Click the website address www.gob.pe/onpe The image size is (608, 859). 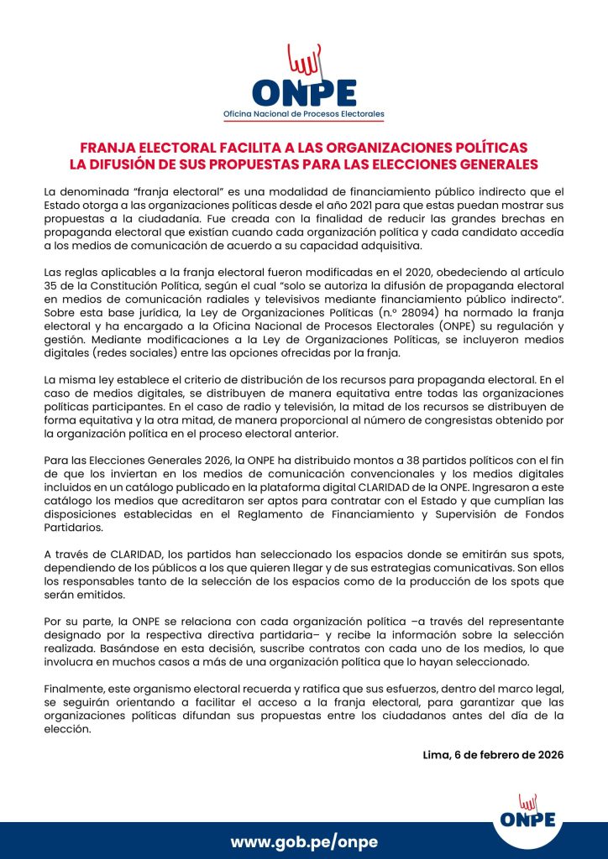click(304, 841)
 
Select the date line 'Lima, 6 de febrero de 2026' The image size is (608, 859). click(493, 754)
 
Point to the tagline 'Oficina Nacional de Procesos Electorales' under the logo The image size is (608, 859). click(303, 112)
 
